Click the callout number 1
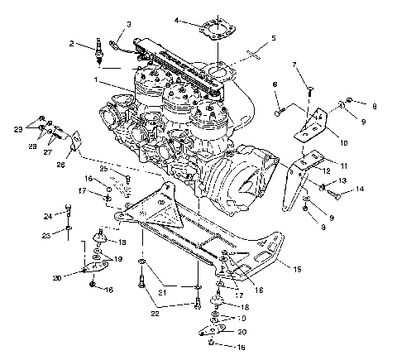98,80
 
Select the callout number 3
128,24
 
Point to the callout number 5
274,38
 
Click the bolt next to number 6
283,106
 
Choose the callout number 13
342,180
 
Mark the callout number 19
116,259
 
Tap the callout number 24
50,217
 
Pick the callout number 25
103,169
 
